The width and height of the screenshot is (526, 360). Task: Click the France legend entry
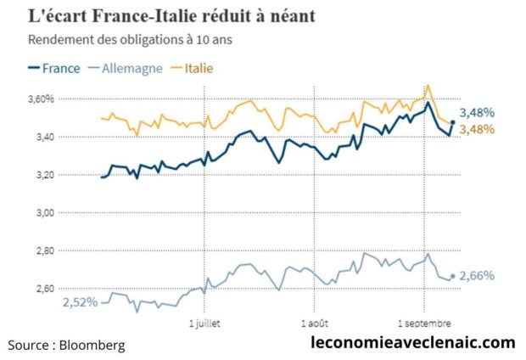click(x=56, y=67)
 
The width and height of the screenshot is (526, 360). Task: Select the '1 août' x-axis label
click(x=313, y=323)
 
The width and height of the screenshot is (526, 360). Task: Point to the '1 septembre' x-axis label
click(x=424, y=323)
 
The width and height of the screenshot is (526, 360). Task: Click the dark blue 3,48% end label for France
click(x=478, y=113)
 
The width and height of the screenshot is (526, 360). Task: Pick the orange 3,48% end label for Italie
click(x=478, y=129)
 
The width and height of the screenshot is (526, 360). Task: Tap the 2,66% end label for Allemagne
click(x=477, y=275)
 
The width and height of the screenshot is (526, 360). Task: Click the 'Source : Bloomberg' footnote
click(x=66, y=345)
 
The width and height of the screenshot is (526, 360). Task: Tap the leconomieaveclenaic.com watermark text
click(x=413, y=343)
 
